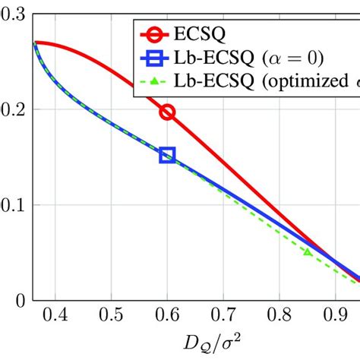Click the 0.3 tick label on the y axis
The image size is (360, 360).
pyautogui.click(x=13, y=14)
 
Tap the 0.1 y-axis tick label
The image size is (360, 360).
pyautogui.click(x=13, y=205)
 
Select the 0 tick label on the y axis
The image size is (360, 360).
pyautogui.click(x=20, y=300)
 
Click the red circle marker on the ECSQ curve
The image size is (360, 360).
pyautogui.click(x=167, y=112)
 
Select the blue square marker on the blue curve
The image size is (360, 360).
pyautogui.click(x=167, y=156)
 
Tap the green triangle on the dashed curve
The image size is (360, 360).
pyautogui.click(x=307, y=251)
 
